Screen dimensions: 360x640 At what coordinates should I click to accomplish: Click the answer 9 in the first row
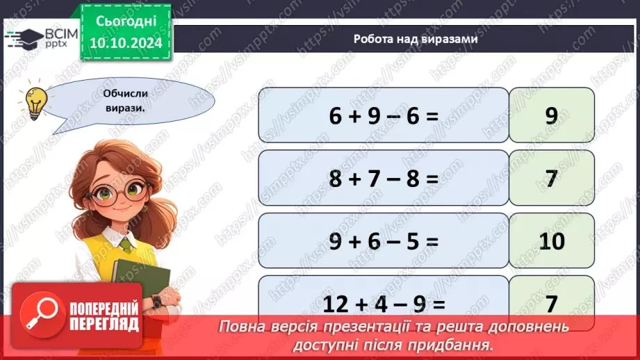pyautogui.click(x=551, y=115)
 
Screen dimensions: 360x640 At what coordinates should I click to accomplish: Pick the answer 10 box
pyautogui.click(x=551, y=241)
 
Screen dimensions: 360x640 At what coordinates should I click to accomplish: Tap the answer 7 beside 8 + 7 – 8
pyautogui.click(x=551, y=179)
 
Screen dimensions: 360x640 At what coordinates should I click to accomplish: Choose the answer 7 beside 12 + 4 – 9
pyautogui.click(x=551, y=303)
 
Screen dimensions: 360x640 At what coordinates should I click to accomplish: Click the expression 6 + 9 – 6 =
pyautogui.click(x=384, y=115)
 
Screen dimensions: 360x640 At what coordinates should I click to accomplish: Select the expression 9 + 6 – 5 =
pyautogui.click(x=384, y=241)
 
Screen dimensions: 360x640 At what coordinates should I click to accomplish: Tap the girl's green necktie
pyautogui.click(x=125, y=245)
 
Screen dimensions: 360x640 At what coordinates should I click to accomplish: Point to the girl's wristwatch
pyautogui.click(x=156, y=301)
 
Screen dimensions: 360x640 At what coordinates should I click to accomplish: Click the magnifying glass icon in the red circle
pyautogui.click(x=44, y=316)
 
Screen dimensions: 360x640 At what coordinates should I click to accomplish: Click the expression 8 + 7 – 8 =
pyautogui.click(x=384, y=179)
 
